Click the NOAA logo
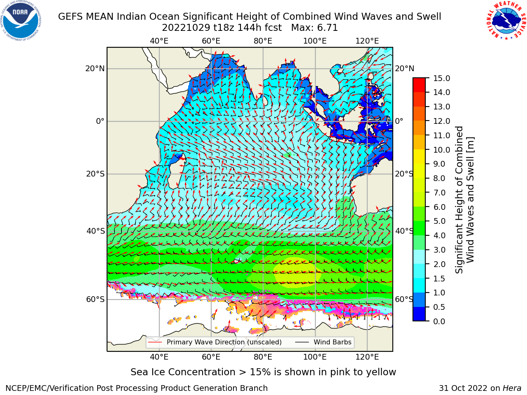click(x=21, y=21)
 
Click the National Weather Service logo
click(x=506, y=21)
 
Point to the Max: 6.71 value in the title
click(x=315, y=28)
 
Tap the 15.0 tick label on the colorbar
click(x=441, y=78)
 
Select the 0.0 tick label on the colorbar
click(x=439, y=321)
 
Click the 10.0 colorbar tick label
click(x=441, y=150)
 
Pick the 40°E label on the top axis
click(x=159, y=41)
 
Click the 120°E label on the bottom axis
click(x=367, y=357)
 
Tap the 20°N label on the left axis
click(x=95, y=69)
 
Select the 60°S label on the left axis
click(x=96, y=299)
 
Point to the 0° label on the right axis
click(x=399, y=121)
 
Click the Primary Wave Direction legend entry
click(x=215, y=342)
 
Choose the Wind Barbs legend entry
click(x=323, y=342)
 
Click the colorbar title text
click(x=464, y=200)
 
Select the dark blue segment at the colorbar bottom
click(x=419, y=314)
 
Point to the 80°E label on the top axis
click(x=263, y=41)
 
